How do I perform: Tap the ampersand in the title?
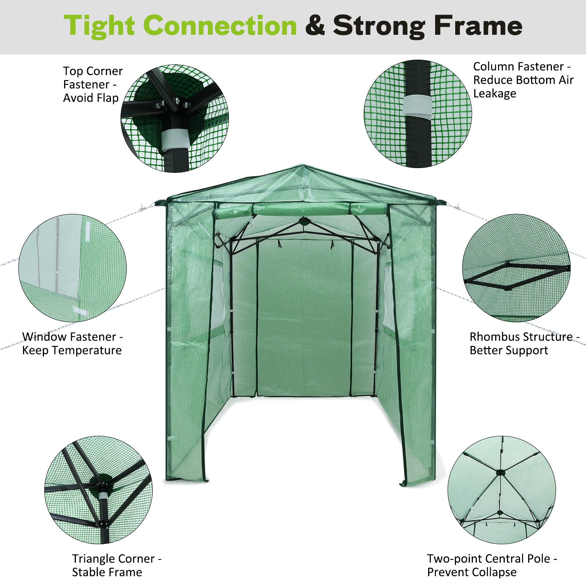pyautogui.click(x=315, y=26)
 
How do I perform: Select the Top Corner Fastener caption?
pyautogui.click(x=93, y=84)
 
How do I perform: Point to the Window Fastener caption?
pyautogui.click(x=73, y=343)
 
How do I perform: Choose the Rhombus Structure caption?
pyautogui.click(x=524, y=343)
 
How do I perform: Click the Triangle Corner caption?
pyautogui.click(x=116, y=565)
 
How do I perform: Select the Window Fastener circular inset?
pyautogui.click(x=73, y=268)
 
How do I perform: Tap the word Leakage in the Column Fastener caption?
pyautogui.click(x=494, y=93)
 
